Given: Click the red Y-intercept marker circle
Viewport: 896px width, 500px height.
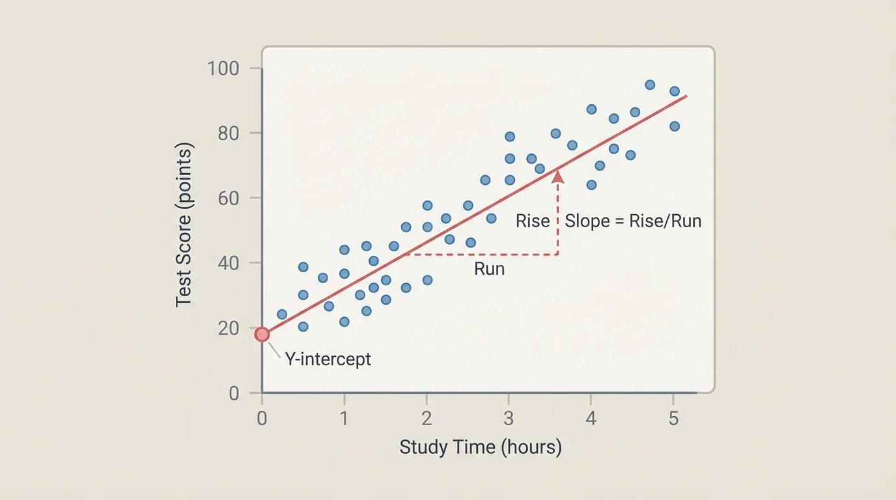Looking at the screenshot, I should click(x=262, y=335).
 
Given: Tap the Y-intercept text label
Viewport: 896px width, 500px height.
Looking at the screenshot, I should click(x=328, y=359).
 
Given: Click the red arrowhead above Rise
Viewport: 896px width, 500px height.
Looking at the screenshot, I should click(x=558, y=176).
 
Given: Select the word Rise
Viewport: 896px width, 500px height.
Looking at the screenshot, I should click(x=533, y=221).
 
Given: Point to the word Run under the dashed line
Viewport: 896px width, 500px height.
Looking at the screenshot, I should click(x=489, y=269).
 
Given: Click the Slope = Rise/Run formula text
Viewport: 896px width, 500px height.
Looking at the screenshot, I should click(x=633, y=221).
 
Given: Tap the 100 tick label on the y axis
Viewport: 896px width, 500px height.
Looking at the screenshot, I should click(x=223, y=68).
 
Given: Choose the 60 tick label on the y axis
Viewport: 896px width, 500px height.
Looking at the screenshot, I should click(x=229, y=198).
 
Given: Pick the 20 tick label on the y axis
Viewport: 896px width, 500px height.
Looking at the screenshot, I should click(x=229, y=328).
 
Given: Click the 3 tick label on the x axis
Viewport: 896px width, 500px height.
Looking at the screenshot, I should click(x=509, y=418).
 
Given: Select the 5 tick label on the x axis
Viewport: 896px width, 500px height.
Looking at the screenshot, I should click(x=673, y=418).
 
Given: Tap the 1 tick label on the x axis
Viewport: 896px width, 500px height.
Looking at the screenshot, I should click(x=344, y=418).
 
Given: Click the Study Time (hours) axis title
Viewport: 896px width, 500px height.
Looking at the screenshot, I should click(x=481, y=447).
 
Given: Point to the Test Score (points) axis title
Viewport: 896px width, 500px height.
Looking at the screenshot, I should click(x=184, y=225).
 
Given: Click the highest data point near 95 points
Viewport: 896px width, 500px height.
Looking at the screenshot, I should click(x=650, y=85).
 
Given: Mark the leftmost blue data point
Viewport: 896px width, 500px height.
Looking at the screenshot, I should click(x=282, y=314).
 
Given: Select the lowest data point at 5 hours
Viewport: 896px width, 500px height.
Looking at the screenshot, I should click(x=675, y=126).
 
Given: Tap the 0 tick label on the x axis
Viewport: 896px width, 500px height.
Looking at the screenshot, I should click(x=262, y=418).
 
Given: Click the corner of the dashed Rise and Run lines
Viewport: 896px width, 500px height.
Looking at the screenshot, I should click(x=558, y=254).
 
